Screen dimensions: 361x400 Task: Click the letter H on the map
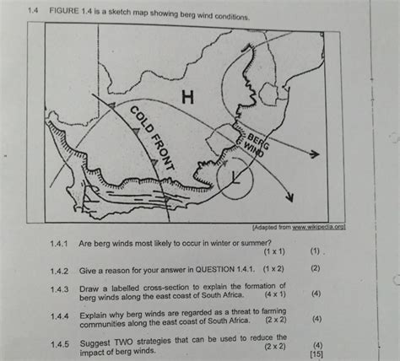188,100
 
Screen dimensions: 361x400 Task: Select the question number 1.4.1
58,243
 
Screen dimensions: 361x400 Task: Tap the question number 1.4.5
58,343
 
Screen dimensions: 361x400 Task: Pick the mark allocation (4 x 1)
274,294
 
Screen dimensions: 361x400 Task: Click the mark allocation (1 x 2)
274,268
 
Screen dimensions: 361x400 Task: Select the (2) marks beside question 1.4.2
315,268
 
